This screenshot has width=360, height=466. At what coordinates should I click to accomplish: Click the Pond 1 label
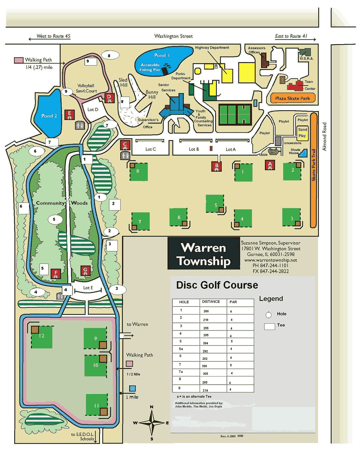(x=162, y=55)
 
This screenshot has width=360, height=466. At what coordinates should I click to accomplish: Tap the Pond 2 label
(x=49, y=116)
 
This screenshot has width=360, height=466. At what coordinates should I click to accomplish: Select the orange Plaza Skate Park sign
(x=292, y=98)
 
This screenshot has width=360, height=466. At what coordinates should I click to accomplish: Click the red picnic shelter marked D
(x=109, y=98)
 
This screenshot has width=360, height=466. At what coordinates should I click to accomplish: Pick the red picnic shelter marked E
(x=70, y=115)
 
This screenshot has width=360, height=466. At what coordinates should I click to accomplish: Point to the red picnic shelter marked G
(x=85, y=271)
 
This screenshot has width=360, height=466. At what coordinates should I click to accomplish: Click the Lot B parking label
(x=194, y=149)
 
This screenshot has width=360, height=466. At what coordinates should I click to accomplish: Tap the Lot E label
(x=88, y=288)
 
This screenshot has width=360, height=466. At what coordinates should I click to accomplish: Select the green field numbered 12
(x=42, y=337)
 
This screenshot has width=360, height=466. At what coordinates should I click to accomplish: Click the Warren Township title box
(x=204, y=254)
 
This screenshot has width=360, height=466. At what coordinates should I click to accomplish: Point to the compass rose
(x=152, y=423)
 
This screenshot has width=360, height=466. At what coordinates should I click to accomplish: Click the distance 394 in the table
(x=205, y=343)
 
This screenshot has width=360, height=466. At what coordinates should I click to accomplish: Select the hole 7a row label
(x=181, y=372)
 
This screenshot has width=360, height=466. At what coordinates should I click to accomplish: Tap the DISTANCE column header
(x=211, y=302)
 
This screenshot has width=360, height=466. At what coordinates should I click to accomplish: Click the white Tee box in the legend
(x=269, y=326)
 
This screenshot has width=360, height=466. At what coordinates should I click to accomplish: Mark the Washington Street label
(x=173, y=36)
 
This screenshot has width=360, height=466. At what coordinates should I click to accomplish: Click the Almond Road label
(x=324, y=136)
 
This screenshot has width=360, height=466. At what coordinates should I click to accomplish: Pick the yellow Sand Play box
(x=302, y=133)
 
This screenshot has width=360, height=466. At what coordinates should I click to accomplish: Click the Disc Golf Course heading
(x=217, y=285)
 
